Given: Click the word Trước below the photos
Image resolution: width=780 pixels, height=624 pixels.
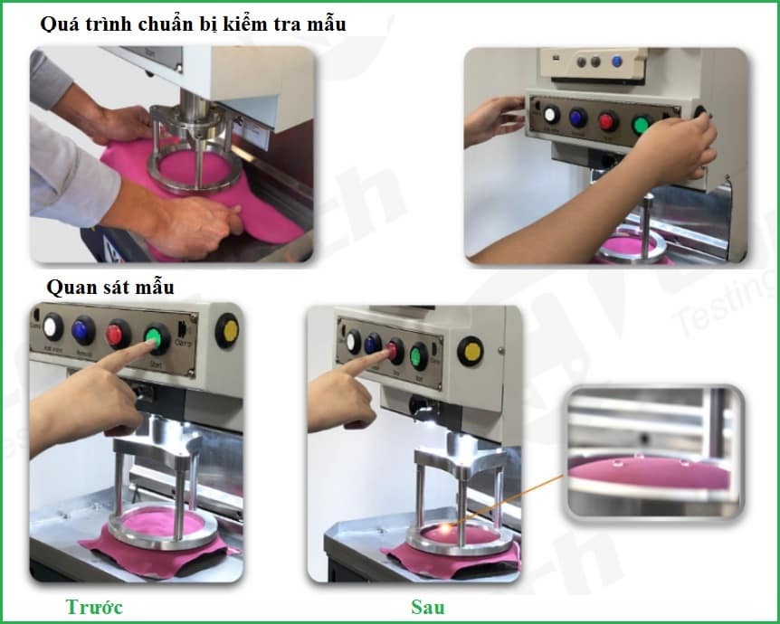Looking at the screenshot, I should [x=93, y=606].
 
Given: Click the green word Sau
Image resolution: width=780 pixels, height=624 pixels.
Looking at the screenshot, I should [x=428, y=606].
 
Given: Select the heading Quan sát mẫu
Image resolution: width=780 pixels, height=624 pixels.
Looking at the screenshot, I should [x=110, y=287].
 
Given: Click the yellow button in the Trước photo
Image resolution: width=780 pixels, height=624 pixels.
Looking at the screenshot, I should [x=227, y=330].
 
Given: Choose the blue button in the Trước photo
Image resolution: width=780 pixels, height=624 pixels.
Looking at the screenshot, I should [x=84, y=330].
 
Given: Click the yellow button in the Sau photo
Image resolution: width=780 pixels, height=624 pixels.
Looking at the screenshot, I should [x=470, y=350].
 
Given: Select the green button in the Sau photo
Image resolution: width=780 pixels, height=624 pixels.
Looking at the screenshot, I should [x=418, y=355].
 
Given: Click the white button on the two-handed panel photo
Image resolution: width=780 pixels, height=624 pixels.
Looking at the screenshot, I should [x=551, y=115].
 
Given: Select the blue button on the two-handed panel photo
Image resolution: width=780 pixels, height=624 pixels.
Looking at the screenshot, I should [x=578, y=118].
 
